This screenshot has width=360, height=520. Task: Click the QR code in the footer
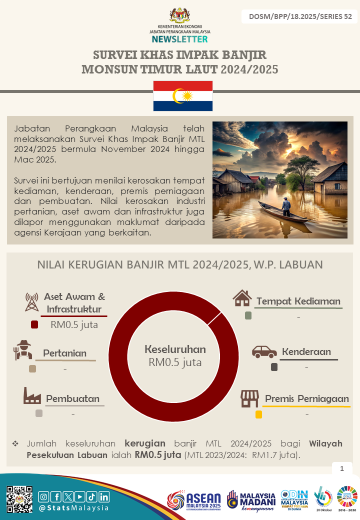19,498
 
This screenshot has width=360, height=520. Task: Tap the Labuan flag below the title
182,95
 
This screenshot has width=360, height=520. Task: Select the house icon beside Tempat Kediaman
242,298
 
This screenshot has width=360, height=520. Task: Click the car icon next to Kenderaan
264,351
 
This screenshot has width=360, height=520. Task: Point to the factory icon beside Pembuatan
32,396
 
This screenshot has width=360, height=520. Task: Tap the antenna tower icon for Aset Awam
31,301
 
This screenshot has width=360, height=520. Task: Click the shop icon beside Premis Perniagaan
249,398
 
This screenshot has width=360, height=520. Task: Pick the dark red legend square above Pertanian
34,324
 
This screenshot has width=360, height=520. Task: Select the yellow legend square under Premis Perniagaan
258,414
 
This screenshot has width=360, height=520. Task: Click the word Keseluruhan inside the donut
175,349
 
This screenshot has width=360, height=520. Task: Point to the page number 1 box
342,468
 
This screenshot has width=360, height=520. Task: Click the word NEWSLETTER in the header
179,39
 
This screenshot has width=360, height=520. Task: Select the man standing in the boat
285,205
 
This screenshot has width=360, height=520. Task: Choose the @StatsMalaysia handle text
73,508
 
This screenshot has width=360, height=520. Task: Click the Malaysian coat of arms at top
180,15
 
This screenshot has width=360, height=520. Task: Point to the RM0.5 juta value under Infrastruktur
74,324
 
